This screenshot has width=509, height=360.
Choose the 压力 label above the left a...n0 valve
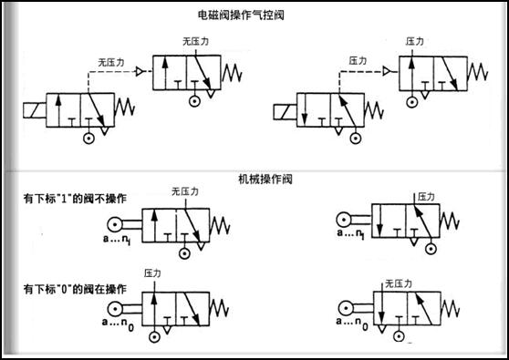click(152, 273)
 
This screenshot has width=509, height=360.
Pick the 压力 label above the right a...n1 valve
click(426, 196)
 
